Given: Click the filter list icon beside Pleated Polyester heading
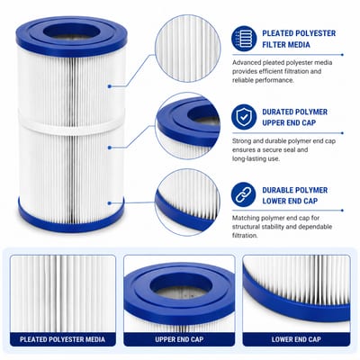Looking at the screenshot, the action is (244, 39).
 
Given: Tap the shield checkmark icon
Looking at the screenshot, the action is (244, 117).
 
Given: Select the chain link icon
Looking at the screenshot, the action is (244, 195).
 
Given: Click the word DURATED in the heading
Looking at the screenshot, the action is (276, 112).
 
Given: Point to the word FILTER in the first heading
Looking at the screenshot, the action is (273, 45).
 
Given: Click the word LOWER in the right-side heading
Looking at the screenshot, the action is (274, 201).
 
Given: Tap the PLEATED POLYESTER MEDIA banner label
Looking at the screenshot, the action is (62, 339).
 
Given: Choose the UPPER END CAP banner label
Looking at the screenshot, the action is (179, 339).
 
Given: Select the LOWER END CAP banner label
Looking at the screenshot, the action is (296, 339).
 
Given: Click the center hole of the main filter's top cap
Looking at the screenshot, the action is (71, 31).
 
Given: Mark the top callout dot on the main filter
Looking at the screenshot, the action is (110, 86).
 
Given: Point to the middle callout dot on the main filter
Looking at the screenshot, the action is (110, 148).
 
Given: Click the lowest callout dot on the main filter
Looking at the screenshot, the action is (110, 203).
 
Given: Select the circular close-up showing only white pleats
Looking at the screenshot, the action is (188, 49).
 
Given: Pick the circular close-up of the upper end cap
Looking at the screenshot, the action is (188, 126).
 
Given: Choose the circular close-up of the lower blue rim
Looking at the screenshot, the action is (188, 202).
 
